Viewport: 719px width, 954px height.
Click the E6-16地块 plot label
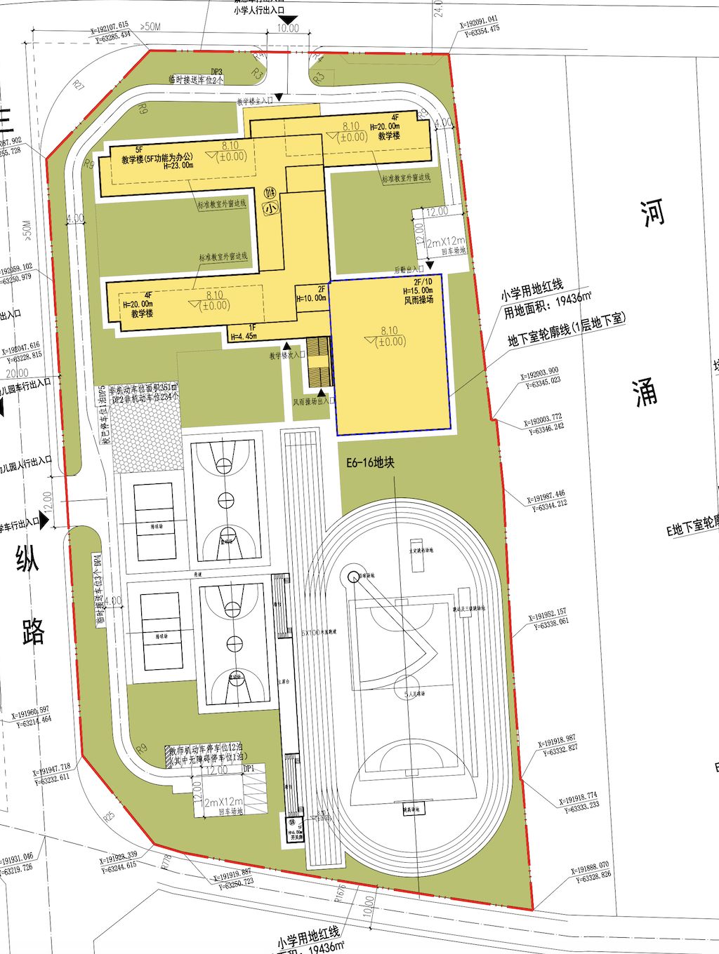pyautogui.click(x=371, y=463)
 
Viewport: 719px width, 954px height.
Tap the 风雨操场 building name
pyautogui.click(x=418, y=300)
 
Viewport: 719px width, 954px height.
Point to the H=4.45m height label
pyautogui.click(x=244, y=337)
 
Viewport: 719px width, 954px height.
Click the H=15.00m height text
pyautogui.click(x=418, y=290)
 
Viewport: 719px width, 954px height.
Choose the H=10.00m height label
pyautogui.click(x=312, y=298)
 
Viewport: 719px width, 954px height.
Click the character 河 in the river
pyautogui.click(x=652, y=213)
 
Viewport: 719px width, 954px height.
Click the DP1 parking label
pyautogui.click(x=249, y=770)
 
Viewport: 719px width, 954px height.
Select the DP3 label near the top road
pyautogui.click(x=216, y=72)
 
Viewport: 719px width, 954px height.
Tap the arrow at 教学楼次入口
pyautogui.click(x=287, y=346)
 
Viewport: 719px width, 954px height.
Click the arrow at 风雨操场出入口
pyautogui.click(x=322, y=392)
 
